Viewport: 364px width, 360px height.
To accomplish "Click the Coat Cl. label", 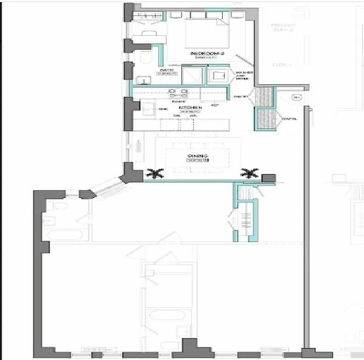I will point(289,119).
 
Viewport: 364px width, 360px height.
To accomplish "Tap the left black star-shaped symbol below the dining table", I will point(155,173).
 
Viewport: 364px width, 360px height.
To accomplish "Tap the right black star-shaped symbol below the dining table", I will point(250,173).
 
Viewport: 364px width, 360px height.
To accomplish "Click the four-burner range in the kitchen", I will point(178,94).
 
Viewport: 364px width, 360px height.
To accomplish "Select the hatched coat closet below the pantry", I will point(264,119).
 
